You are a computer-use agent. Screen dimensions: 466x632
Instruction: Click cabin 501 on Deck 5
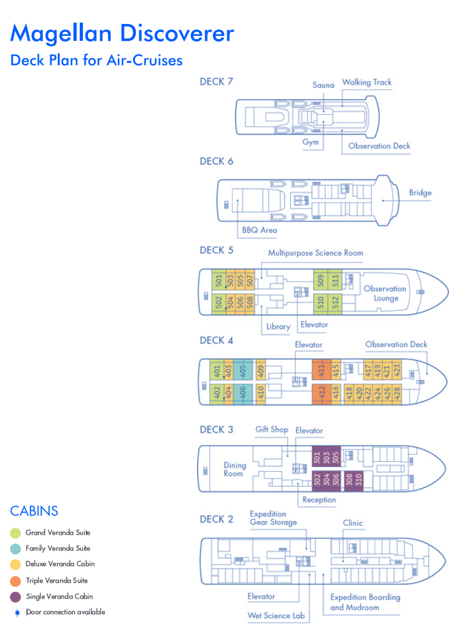[219, 281]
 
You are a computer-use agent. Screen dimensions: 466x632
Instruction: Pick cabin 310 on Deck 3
[359, 479]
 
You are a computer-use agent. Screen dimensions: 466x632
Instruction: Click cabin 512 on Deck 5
[335, 302]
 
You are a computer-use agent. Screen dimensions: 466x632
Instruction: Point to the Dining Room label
[234, 469]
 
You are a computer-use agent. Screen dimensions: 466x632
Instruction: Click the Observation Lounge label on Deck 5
[385, 293]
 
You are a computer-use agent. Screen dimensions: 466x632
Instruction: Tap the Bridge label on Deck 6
[420, 193]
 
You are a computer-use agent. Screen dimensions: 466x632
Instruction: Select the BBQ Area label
[259, 230]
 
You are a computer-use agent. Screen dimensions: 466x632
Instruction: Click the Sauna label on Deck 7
[323, 85]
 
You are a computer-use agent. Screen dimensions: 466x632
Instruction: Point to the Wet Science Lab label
[276, 616]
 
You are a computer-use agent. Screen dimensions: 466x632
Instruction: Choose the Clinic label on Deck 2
[353, 523]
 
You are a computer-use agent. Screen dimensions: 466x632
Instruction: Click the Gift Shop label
[272, 429]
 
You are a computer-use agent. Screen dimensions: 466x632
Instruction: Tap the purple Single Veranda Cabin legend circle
[15, 597]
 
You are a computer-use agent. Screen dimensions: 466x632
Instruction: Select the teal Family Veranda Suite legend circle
[15, 548]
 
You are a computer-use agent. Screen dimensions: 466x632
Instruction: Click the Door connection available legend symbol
[17, 613]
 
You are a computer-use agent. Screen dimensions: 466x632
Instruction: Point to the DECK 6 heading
[216, 161]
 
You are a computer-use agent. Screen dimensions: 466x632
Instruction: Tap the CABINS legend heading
[35, 511]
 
